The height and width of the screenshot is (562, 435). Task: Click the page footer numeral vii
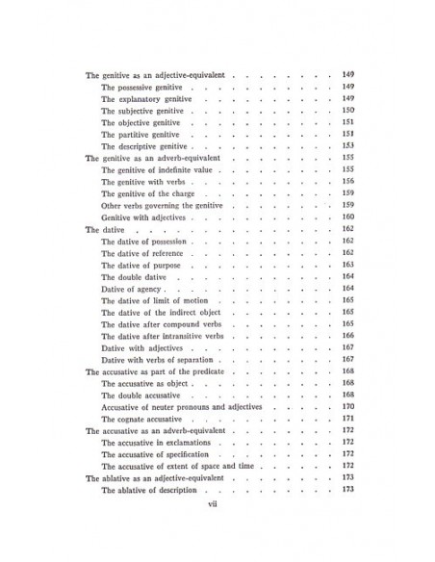tap(217, 526)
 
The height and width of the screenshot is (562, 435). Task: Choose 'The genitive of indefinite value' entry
tap(161, 169)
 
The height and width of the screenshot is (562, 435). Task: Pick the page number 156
tap(348, 181)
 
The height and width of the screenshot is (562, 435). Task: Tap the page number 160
tap(348, 217)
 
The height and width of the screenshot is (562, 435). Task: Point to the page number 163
tap(348, 265)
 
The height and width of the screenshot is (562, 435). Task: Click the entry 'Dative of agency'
tap(132, 288)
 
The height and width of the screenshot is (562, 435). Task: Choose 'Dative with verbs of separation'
tap(158, 359)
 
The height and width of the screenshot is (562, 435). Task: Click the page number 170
tap(348, 406)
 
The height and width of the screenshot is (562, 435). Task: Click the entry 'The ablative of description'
tap(153, 489)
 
